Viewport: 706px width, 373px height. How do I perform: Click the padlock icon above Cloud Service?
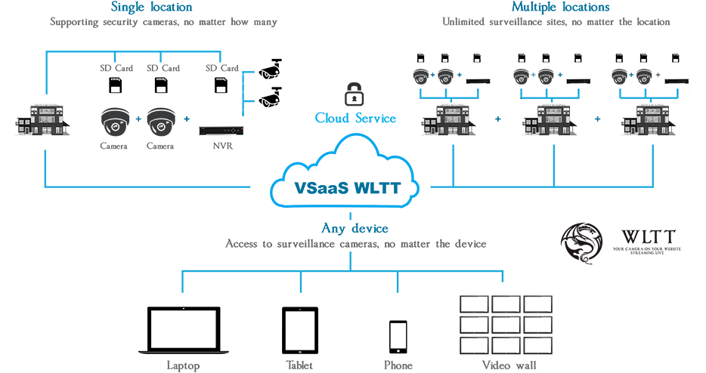click(x=353, y=94)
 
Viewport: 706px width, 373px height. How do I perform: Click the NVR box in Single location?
click(x=221, y=130)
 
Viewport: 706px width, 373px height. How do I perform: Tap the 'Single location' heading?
click(x=151, y=8)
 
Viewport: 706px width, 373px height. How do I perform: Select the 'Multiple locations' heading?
click(x=560, y=8)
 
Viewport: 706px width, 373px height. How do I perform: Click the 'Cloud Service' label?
click(x=355, y=119)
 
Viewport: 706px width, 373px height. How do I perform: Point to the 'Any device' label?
click(x=355, y=228)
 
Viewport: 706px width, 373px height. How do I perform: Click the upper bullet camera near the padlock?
click(x=271, y=69)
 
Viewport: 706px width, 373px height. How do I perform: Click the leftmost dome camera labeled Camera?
click(x=115, y=122)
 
